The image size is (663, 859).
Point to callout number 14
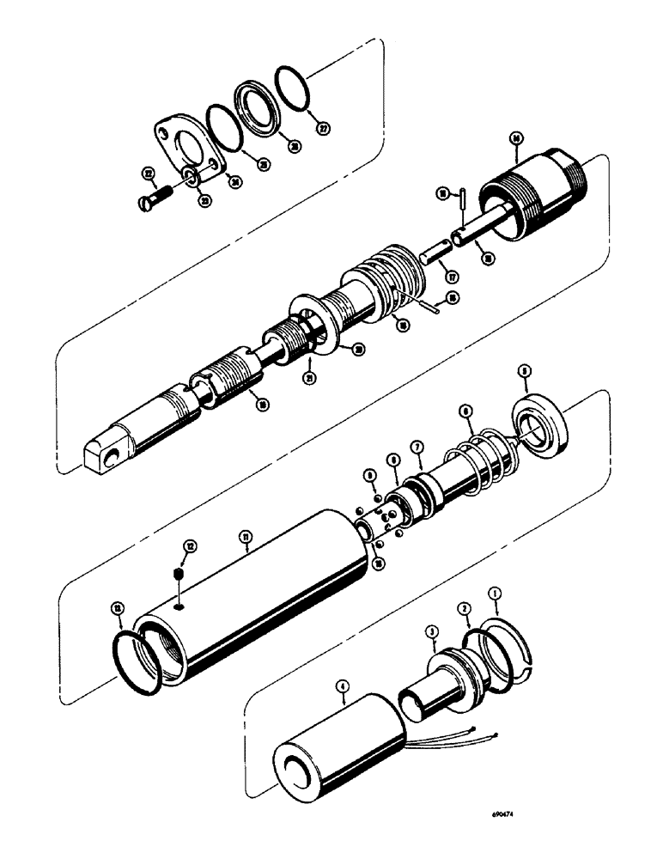click(515, 137)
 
